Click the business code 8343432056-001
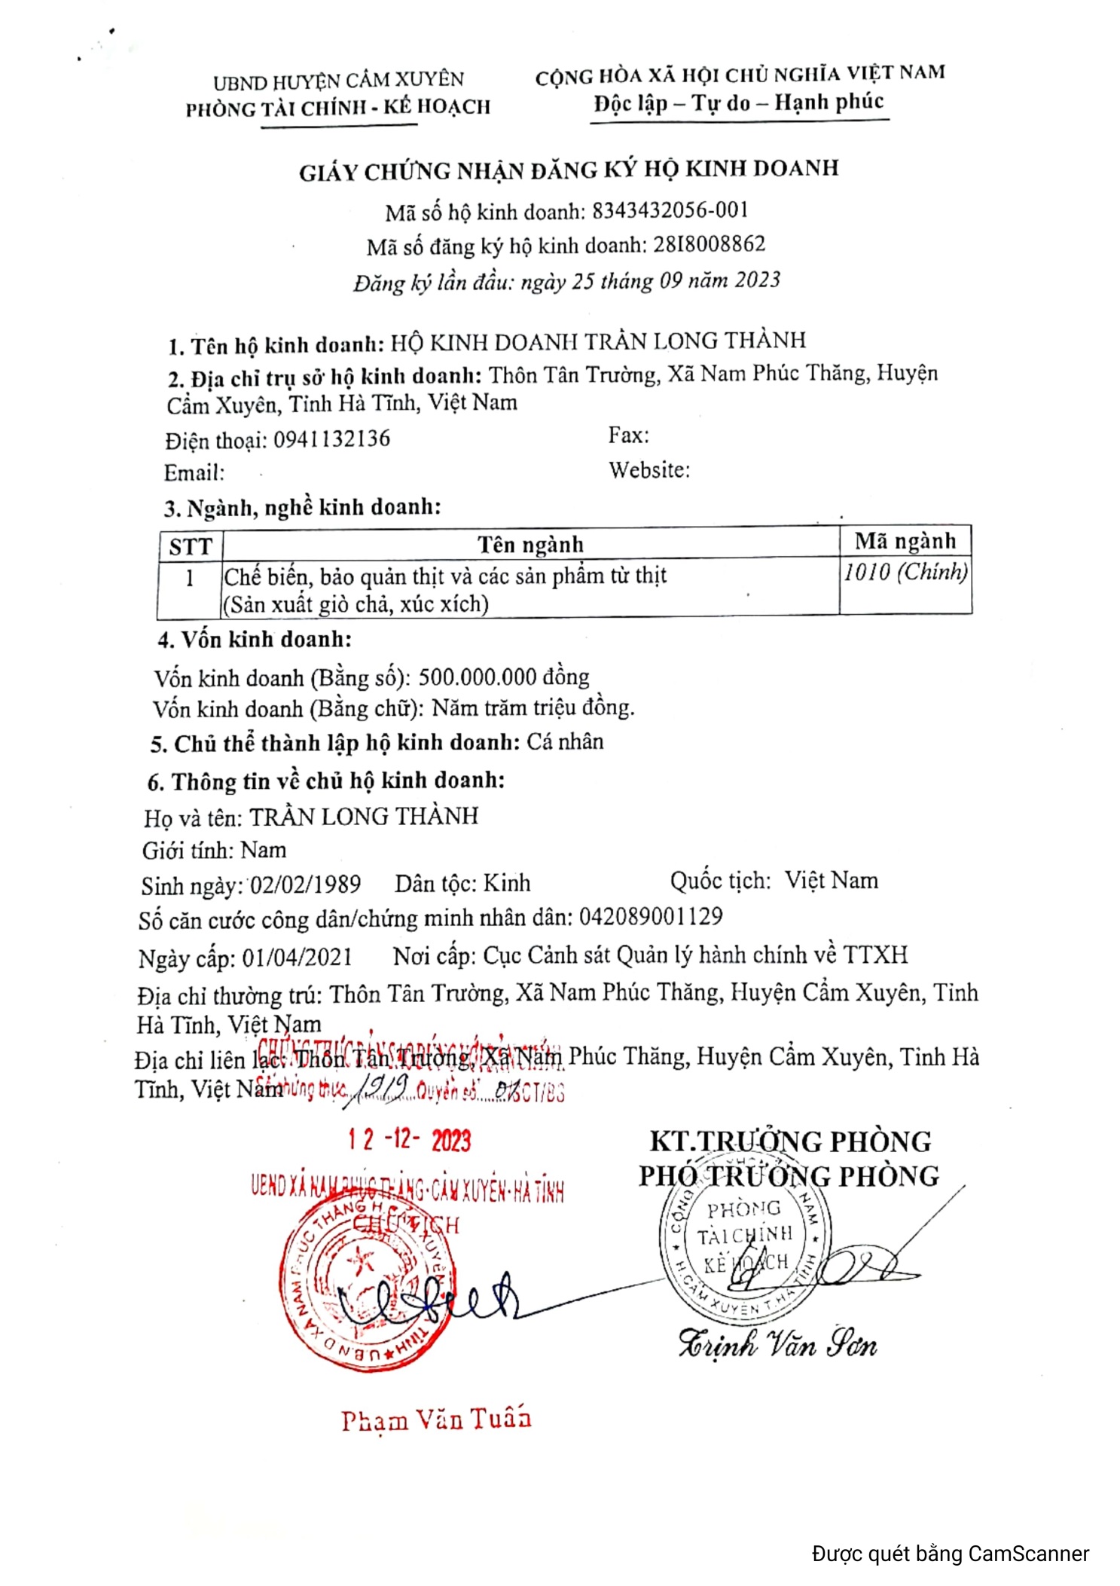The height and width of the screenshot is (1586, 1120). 670,209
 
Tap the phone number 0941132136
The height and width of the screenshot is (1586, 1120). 331,439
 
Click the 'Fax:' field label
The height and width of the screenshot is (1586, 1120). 628,435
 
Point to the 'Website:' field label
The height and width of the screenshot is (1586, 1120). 649,470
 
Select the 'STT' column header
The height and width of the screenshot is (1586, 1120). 191,545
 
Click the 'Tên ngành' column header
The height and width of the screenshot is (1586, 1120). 530,543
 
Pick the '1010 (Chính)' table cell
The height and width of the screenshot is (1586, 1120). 905,572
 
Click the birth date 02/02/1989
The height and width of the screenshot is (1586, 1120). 305,884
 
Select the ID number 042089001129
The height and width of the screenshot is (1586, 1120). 651,917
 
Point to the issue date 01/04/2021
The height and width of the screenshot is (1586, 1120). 297,957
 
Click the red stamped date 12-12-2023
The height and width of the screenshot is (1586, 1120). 409,1140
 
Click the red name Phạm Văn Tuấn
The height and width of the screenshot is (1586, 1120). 436,1420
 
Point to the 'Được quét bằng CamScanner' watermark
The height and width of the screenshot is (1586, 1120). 950,1553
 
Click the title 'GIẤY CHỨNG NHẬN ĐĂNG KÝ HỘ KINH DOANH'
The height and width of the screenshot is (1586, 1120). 569,170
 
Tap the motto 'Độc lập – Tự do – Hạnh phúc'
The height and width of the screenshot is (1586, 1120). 738,102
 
